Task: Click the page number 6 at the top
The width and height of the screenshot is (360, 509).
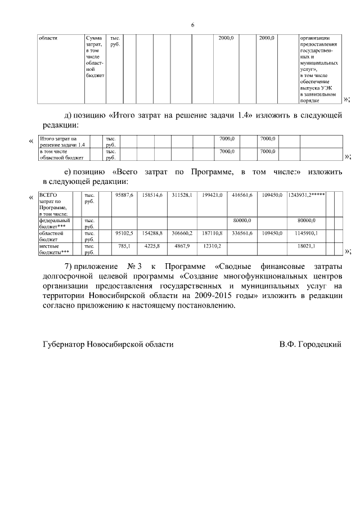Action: click(192, 25)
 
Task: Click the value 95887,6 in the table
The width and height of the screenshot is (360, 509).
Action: click(124, 195)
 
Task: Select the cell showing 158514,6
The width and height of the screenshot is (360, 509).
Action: click(153, 195)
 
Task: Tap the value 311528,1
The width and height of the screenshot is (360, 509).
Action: click(182, 195)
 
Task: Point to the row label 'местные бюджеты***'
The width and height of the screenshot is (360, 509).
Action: click(54, 249)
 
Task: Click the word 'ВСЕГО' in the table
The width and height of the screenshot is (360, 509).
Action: click(48, 195)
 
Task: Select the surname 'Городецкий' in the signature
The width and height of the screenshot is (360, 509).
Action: click(321, 344)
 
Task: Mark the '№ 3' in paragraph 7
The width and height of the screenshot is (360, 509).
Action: click(134, 265)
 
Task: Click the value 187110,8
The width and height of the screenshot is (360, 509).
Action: click(213, 232)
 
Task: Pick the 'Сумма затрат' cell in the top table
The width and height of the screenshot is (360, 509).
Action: click(94, 41)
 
